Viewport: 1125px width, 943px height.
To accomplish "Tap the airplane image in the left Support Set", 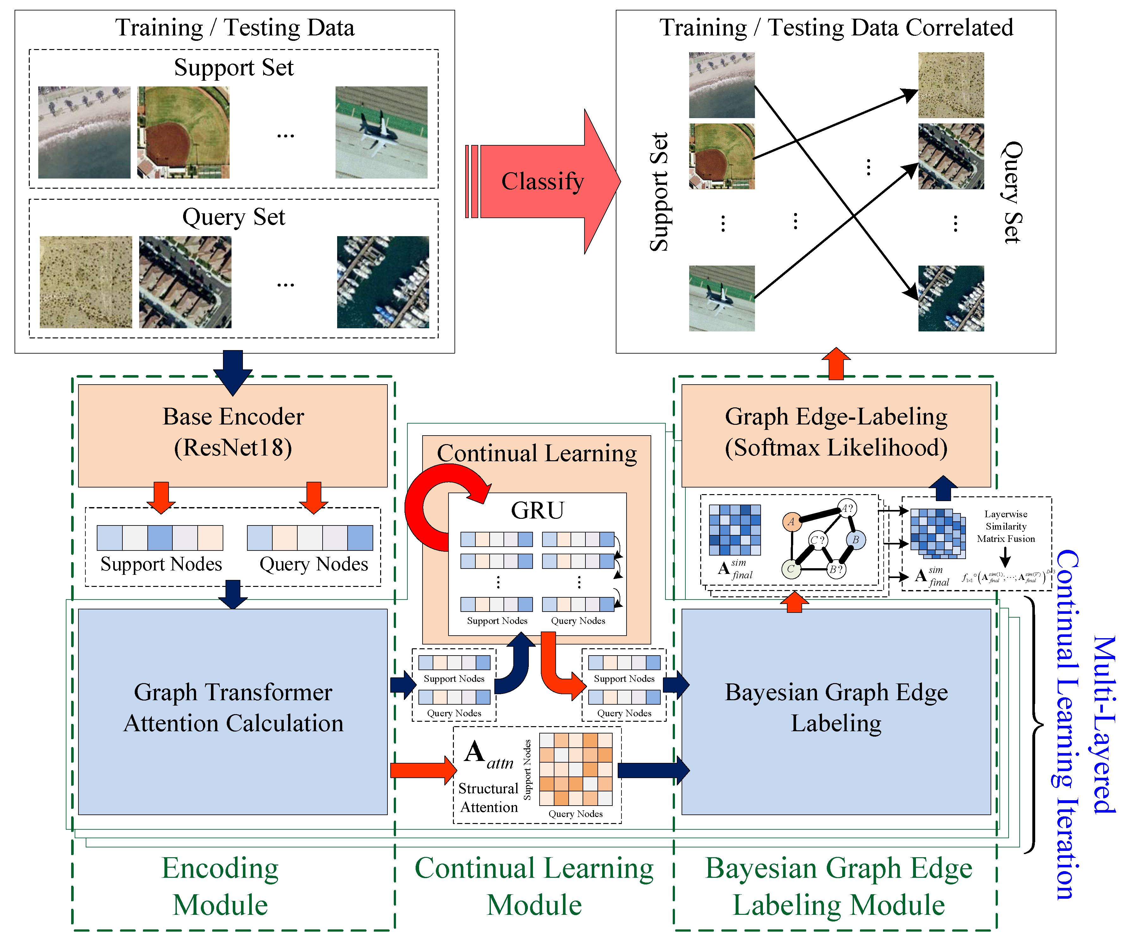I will (x=381, y=132).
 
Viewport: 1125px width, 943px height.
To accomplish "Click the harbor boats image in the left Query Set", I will (x=382, y=282).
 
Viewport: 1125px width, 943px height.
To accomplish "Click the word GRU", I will (x=537, y=510).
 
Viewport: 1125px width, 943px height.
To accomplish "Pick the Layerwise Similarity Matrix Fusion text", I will (x=1005, y=526).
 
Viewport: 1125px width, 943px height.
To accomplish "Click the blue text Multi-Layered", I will (x=1103, y=724).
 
